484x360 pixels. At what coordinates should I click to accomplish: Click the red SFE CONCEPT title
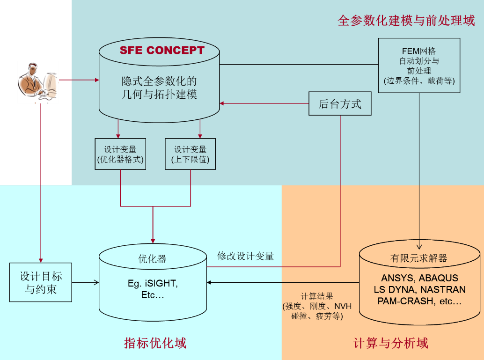tap(162, 50)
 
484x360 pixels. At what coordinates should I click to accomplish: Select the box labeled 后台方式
tap(340, 103)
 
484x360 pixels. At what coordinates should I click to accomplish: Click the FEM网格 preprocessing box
tap(419, 66)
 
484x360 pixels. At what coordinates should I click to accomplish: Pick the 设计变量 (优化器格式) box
tap(120, 154)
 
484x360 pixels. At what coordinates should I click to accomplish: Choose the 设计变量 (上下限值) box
tap(190, 154)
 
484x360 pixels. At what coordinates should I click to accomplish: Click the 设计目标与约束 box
tap(41, 282)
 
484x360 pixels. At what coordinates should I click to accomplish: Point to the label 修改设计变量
tap(245, 256)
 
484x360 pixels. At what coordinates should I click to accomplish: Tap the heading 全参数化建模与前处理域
tap(406, 21)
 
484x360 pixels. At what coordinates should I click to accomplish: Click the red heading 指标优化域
tap(155, 343)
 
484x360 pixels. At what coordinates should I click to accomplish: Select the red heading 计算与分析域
tap(391, 343)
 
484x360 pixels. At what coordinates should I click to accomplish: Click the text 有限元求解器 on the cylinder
tap(419, 258)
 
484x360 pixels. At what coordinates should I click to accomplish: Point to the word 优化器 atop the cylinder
tap(152, 259)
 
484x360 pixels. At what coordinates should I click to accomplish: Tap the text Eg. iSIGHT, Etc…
tap(153, 289)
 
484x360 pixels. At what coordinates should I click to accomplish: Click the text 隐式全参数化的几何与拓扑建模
tap(159, 88)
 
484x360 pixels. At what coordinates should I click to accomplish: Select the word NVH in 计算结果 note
tap(343, 306)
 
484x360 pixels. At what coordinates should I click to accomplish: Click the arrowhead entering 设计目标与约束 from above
tap(41, 260)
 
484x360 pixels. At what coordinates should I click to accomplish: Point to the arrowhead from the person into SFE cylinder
tap(96, 80)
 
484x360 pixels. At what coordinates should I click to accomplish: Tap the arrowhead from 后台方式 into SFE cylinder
tap(221, 103)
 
